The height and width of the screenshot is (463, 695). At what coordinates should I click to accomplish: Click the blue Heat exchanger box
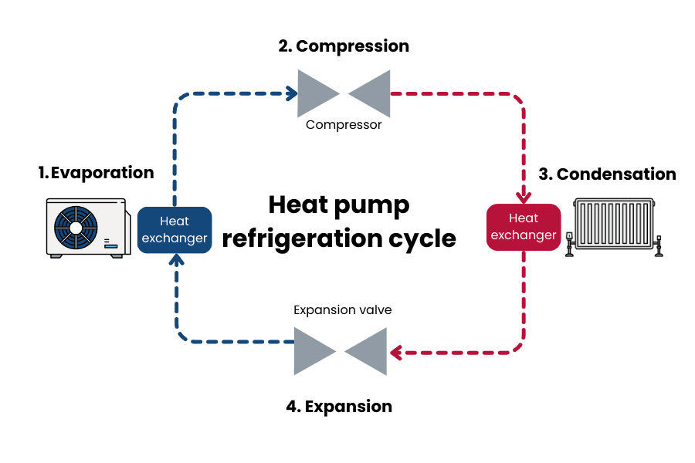(175, 230)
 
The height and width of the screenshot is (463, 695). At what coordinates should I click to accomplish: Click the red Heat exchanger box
(524, 227)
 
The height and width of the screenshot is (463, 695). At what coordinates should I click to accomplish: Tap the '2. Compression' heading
(344, 46)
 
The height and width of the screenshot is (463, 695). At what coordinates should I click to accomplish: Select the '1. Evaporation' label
(97, 173)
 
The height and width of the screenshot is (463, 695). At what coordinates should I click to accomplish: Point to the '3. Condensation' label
(607, 174)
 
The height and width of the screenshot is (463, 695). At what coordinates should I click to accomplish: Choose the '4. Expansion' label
(339, 406)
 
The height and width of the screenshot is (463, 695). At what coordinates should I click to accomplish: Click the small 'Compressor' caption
(344, 125)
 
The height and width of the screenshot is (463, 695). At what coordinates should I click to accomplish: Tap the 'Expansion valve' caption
(342, 310)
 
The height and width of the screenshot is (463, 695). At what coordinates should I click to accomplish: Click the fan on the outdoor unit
(76, 228)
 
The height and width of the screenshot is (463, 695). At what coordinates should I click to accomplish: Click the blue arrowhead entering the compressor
(292, 93)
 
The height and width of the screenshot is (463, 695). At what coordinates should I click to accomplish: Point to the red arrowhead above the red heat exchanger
(524, 194)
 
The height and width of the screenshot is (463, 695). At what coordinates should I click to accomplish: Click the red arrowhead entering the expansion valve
(396, 353)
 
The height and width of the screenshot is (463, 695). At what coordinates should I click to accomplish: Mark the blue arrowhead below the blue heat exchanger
(175, 260)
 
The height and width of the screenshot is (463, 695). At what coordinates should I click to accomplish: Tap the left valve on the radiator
(570, 242)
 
